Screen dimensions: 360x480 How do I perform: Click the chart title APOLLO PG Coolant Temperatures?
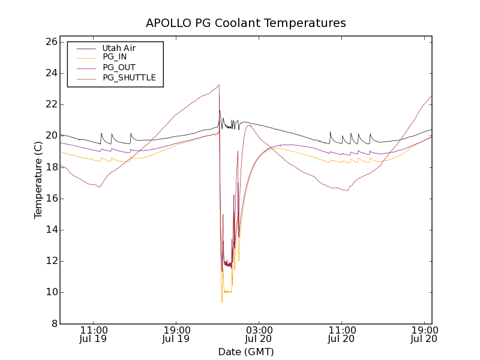click(246, 23)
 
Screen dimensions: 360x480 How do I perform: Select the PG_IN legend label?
click(115, 57)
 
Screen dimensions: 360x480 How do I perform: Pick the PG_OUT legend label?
click(119, 67)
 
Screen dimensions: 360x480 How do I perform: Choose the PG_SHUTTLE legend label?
click(129, 77)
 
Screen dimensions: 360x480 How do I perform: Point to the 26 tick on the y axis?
click(50, 42)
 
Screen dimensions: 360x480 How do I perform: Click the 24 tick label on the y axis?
click(50, 73)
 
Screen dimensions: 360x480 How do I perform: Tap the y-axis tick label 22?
click(50, 104)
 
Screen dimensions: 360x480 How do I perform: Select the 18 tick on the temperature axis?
click(50, 167)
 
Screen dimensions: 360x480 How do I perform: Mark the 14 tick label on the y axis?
click(50, 230)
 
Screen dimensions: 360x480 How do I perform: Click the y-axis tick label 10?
click(50, 292)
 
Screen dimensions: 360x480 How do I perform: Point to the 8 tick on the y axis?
click(53, 323)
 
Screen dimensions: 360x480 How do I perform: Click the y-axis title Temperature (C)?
click(38, 180)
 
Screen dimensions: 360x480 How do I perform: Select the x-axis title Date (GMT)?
click(246, 352)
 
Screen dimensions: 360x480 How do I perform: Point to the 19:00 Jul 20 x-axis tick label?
click(424, 334)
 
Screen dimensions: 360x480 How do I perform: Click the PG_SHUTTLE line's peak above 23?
click(219, 85)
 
